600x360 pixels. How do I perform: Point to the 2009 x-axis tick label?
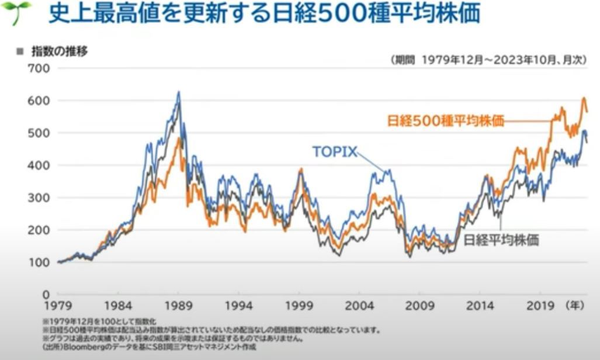419,306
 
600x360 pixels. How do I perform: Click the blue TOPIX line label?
334,152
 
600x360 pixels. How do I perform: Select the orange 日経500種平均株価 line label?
445,122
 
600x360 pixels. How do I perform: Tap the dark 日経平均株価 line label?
501,240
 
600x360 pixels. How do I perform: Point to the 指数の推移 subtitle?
59,51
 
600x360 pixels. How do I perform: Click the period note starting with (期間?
488,59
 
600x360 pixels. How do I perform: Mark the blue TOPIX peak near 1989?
179,92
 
